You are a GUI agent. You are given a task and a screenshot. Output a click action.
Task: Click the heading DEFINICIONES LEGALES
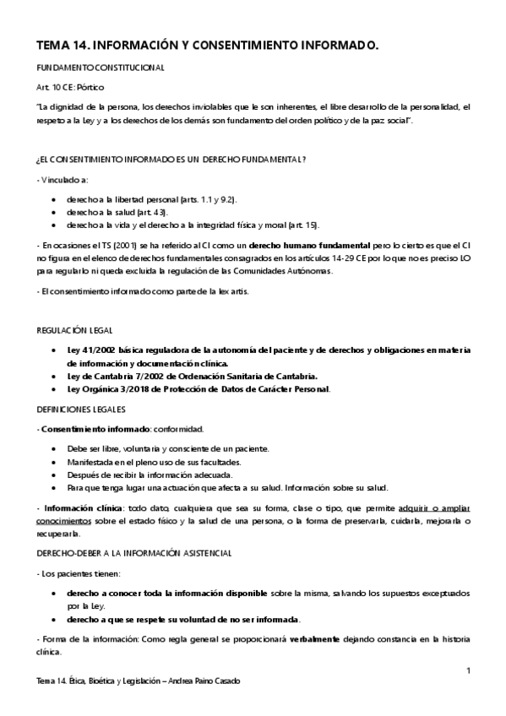point(81,409)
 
